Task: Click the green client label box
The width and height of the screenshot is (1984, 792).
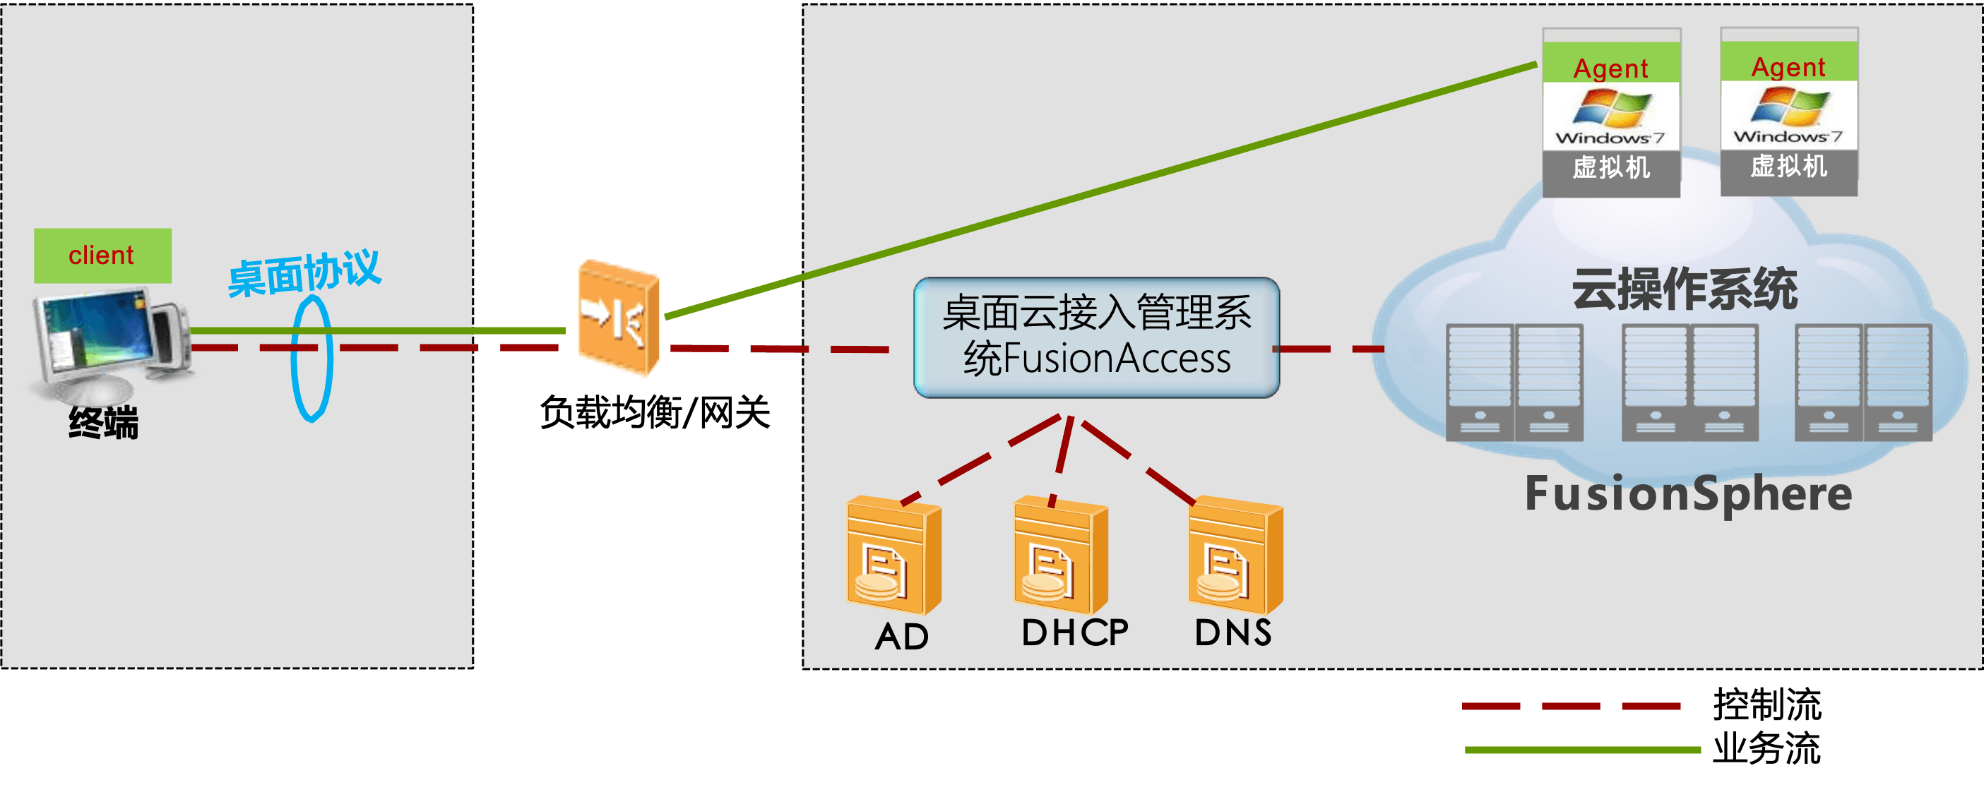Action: coord(102,256)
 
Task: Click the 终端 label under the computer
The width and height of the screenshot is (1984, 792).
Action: coord(103,424)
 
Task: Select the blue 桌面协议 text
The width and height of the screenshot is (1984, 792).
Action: coord(304,273)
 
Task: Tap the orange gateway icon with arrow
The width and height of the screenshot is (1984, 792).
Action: coord(619,318)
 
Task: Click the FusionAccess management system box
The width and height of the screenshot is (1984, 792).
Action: coord(1096,337)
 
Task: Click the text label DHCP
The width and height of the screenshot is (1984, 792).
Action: coord(1075,632)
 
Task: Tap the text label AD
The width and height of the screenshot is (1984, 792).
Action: coord(902,637)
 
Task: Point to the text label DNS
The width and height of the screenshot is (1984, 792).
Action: coord(1233,632)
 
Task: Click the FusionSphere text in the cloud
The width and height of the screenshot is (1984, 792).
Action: coord(1688,494)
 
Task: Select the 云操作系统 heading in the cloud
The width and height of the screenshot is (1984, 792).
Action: coord(1685,290)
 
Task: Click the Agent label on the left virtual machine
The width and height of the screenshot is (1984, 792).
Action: coord(1610,68)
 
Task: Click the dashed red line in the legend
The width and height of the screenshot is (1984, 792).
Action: coord(1572,706)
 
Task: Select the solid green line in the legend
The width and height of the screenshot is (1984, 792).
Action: coord(1583,749)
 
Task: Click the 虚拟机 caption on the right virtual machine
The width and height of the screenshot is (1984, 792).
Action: coord(1788,167)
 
